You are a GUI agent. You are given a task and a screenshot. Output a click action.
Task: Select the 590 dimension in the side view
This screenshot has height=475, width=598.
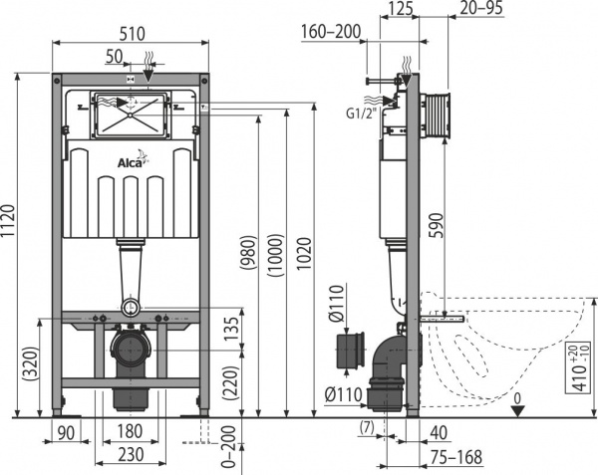click(x=436, y=230)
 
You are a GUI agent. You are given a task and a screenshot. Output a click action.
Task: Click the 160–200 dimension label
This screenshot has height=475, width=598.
click(x=331, y=32)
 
